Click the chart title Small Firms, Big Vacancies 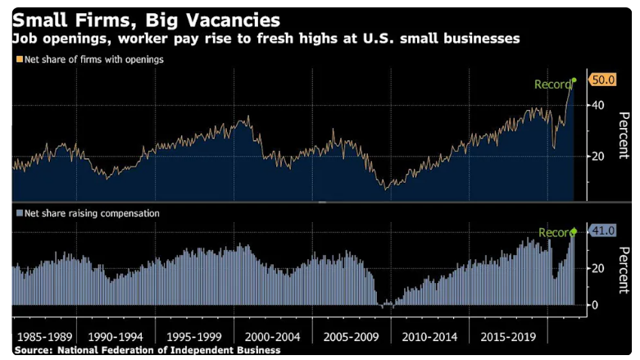coord(145,19)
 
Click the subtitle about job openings coord(266,39)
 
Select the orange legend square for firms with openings coord(19,59)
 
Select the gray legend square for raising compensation coord(19,213)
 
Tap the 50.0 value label coord(602,80)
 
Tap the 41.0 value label coord(602,231)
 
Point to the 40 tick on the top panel coord(598,106)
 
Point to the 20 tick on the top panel coord(598,156)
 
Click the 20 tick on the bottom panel coord(598,268)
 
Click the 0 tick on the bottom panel coord(595,305)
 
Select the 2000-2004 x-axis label coord(273,337)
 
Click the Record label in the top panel coord(552,84)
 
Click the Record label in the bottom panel coord(555,233)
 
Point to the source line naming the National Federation coord(148,350)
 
